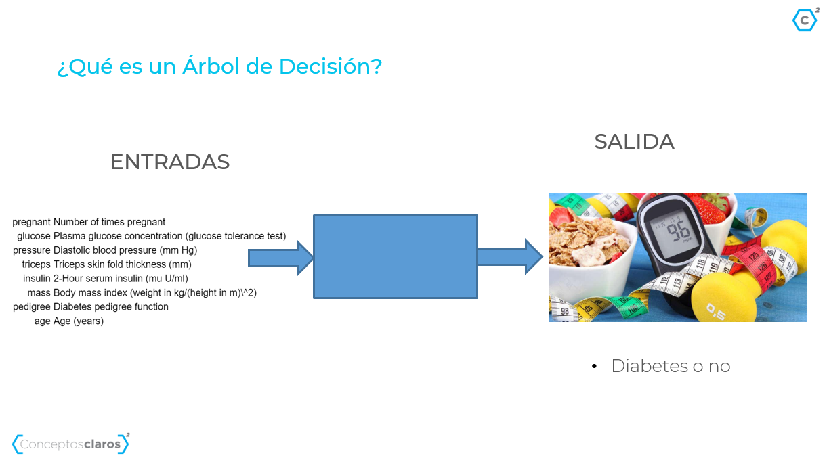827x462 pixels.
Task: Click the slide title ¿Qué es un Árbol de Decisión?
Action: pos(219,66)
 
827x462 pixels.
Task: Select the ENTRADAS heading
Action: pos(170,162)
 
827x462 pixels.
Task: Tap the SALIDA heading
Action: pos(634,141)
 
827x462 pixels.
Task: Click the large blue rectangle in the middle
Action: pos(396,256)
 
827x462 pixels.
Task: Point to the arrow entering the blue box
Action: pos(280,258)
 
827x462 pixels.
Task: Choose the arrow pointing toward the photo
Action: pos(510,256)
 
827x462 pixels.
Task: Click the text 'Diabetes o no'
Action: pos(671,366)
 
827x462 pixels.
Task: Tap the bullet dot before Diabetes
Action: pos(594,366)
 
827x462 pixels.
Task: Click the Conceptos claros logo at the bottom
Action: pos(70,444)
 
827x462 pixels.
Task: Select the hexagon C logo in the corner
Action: pos(805,20)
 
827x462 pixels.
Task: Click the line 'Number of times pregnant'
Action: pos(89,222)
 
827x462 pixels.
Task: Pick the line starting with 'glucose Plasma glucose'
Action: pos(151,236)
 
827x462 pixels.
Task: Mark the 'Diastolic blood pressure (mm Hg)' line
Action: pos(105,250)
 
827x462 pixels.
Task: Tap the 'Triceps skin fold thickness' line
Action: pos(106,264)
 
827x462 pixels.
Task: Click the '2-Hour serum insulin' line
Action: pos(105,279)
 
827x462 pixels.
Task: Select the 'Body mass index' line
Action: pos(142,293)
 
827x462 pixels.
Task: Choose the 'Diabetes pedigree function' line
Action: pos(91,307)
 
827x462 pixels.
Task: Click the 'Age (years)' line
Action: pos(68,321)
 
